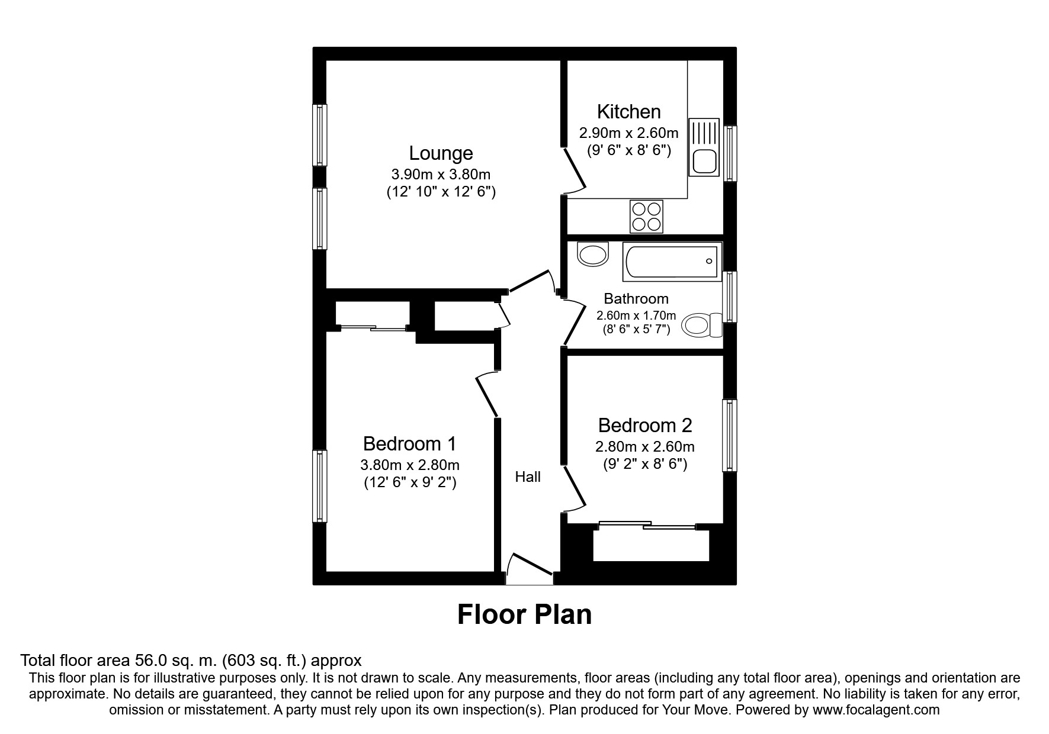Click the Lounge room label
(441, 153)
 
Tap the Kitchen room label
(628, 111)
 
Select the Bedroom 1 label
(410, 443)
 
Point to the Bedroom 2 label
(645, 425)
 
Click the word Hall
(528, 477)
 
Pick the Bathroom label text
(636, 299)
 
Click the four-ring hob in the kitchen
(646, 217)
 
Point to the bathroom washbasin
(593, 254)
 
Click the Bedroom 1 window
(320, 486)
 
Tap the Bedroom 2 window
(729, 436)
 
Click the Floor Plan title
(524, 614)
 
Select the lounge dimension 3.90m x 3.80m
(441, 175)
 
